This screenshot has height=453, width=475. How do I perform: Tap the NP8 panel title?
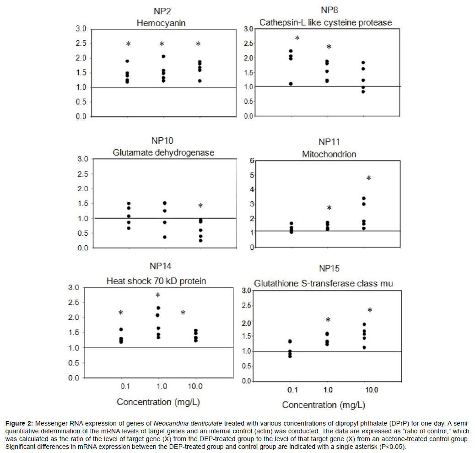(x=329, y=10)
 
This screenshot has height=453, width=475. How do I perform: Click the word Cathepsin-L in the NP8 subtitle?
(x=280, y=22)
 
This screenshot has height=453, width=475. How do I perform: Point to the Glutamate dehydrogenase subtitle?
(x=163, y=152)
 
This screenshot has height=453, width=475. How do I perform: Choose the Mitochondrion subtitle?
(x=329, y=154)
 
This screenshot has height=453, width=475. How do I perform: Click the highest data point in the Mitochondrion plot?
(x=363, y=199)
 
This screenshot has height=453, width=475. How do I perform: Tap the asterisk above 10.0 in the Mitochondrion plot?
(x=368, y=178)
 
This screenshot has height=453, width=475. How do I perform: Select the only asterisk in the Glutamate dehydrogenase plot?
(x=200, y=206)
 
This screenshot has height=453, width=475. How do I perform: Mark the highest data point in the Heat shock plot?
(x=158, y=308)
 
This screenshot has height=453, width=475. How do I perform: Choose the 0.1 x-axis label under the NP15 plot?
(x=291, y=390)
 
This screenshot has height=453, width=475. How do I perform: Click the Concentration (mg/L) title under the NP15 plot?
(x=324, y=405)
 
